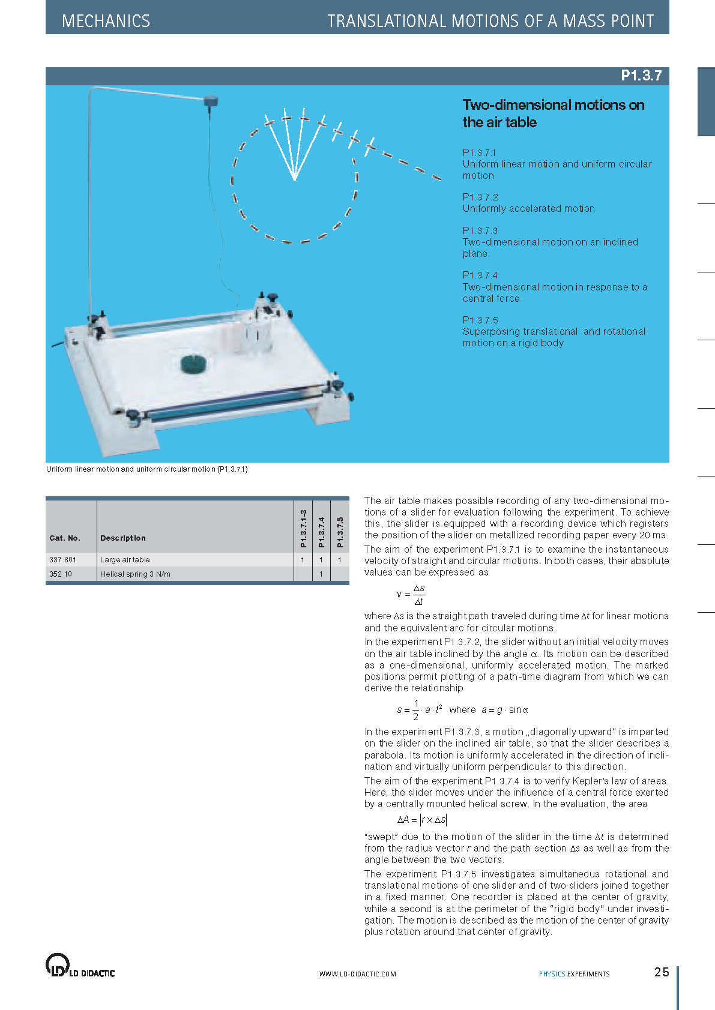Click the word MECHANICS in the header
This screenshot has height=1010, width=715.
(106, 21)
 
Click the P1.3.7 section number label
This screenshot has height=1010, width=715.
(641, 76)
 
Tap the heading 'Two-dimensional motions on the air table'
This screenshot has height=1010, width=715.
(553, 113)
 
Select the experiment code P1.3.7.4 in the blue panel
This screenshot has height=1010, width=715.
(480, 275)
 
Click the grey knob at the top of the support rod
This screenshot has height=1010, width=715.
(211, 100)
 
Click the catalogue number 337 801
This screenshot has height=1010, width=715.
(63, 559)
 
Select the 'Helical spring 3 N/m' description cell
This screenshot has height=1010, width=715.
(135, 574)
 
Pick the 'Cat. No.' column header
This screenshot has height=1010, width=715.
(65, 538)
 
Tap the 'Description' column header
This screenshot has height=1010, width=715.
(123, 538)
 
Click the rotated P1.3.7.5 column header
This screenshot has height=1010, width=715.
(340, 531)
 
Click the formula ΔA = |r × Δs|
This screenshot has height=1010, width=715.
(421, 820)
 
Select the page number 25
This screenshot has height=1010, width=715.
(662, 972)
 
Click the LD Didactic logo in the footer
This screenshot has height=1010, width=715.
(80, 966)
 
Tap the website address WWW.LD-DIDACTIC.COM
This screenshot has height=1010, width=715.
(357, 974)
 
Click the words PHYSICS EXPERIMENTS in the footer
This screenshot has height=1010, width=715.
(574, 974)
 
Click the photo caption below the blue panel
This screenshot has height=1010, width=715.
(147, 469)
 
